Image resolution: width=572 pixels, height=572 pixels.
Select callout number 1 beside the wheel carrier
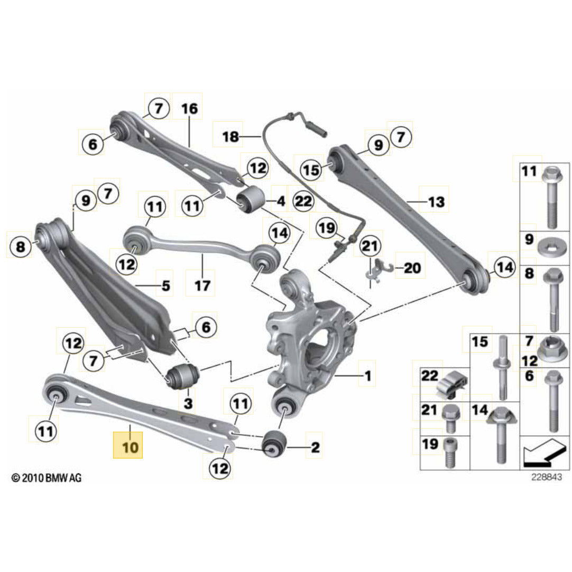367,376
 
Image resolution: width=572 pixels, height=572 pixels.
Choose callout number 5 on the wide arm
165,287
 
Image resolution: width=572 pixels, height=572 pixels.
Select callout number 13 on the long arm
436,201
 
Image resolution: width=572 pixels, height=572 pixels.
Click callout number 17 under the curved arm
202,286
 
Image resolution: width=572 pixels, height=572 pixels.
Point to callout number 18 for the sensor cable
230,137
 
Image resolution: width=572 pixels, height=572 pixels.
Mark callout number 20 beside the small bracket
412,268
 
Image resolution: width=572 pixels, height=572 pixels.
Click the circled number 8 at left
21,246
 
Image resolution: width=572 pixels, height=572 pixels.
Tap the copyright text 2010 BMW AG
47,478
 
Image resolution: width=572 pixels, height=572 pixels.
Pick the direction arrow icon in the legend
544,454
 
